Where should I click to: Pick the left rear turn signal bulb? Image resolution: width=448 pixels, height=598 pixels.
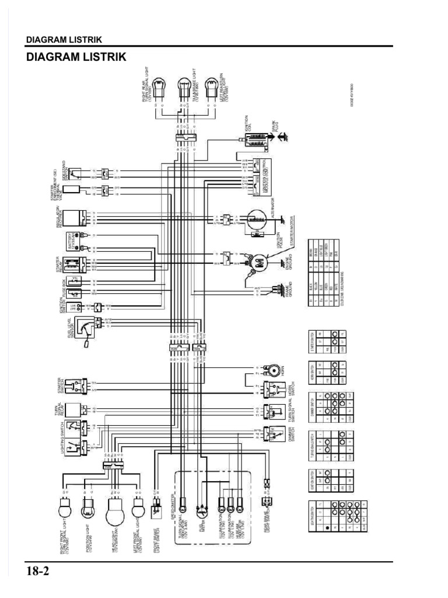[212, 86]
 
